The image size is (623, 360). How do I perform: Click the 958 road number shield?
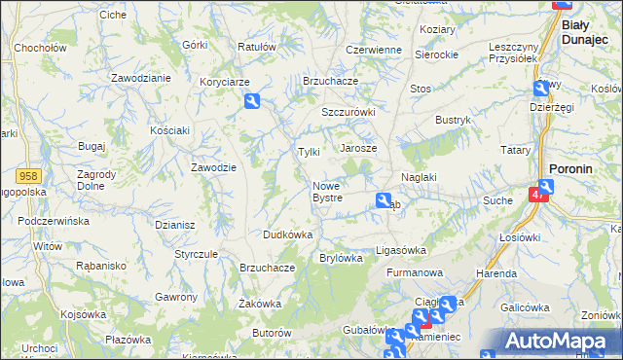coord(28,175)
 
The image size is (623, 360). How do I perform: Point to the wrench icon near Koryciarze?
coord(253,100)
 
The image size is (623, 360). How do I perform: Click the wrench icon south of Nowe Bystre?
coord(384,200)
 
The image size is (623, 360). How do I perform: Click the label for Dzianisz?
coord(175,224)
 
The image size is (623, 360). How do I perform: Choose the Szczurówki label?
coord(348,112)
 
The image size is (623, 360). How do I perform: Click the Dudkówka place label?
coord(287,234)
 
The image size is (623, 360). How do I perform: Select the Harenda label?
coord(496,273)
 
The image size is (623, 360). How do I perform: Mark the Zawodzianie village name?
coord(141,77)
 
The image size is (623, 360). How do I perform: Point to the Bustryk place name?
coord(453,120)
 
